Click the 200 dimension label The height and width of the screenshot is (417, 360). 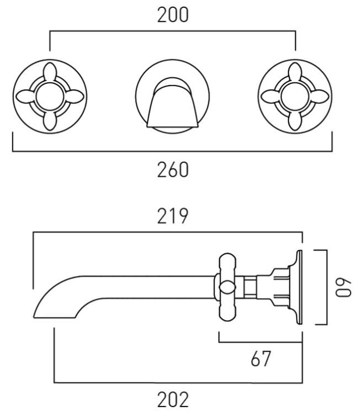point(173,16)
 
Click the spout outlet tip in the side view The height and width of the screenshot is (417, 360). point(42,309)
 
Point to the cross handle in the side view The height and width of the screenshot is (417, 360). point(227,287)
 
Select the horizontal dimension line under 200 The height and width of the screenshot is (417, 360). point(173,33)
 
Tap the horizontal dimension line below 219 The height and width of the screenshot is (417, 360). point(167,233)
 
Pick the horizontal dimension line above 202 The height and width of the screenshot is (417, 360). point(178,382)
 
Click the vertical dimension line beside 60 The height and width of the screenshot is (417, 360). point(326,287)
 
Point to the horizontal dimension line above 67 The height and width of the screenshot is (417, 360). point(261,341)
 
